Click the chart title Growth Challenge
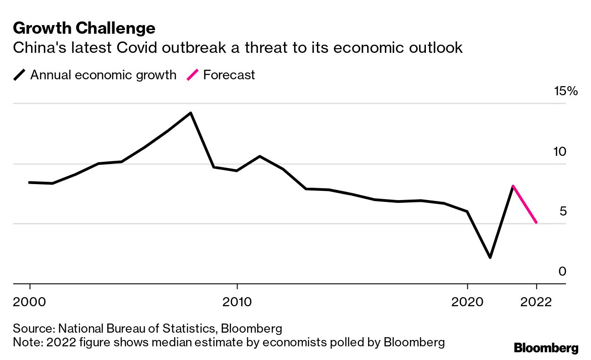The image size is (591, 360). tap(84, 28)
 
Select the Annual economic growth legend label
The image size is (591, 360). tap(103, 75)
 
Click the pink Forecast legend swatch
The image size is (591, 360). tap(193, 75)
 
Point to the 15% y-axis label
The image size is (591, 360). tap(565, 91)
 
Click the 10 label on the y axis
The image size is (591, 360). tap(560, 151)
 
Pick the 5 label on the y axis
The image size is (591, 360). tap(562, 211)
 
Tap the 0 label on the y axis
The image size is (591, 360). tap(562, 271)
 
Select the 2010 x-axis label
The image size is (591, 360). tap(237, 302)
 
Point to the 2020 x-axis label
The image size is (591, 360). tap(467, 302)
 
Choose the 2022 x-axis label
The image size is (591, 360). tap(536, 302)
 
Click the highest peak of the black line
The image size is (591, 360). tap(191, 113)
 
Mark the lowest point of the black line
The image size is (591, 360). tap(490, 257)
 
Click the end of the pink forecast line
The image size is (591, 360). tap(536, 222)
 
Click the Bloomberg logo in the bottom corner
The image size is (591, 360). tap(546, 348)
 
